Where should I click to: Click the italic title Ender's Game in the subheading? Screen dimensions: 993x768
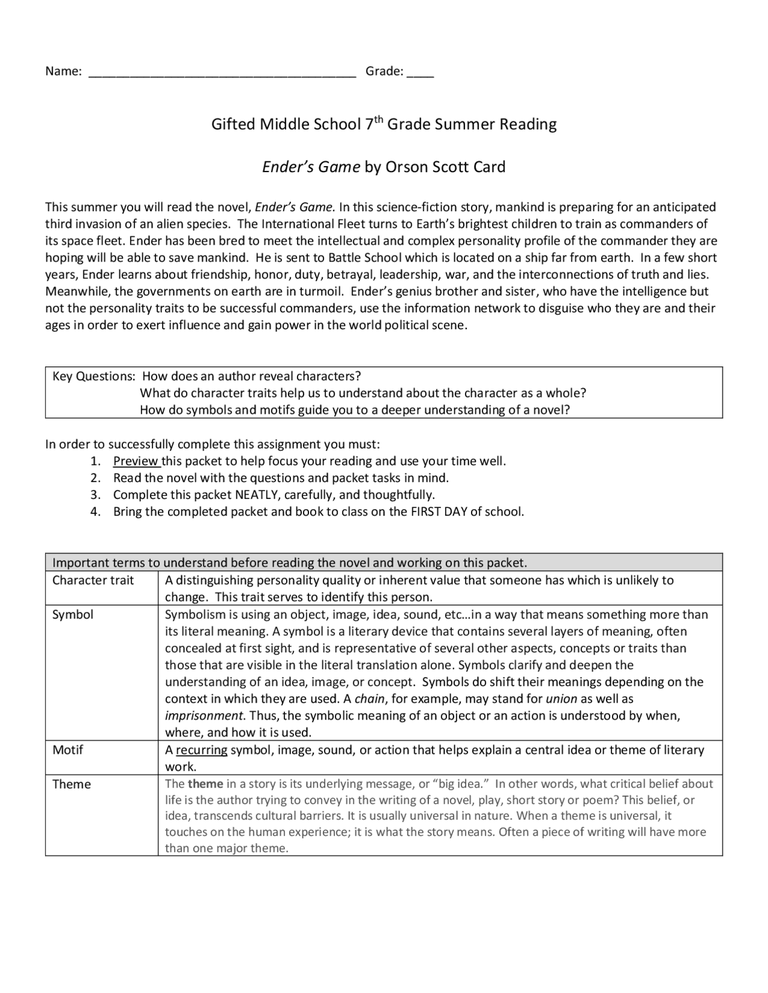click(311, 167)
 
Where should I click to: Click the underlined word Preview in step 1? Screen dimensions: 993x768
click(136, 461)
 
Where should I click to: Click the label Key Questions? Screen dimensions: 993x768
click(94, 376)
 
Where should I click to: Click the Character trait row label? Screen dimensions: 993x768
click(93, 580)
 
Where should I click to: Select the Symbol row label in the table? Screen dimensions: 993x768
click(73, 615)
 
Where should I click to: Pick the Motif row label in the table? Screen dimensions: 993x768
click(68, 750)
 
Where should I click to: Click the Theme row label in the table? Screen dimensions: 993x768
click(71, 784)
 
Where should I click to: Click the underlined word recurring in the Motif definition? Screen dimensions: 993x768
click(202, 750)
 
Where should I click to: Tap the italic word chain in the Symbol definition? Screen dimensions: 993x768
click(369, 699)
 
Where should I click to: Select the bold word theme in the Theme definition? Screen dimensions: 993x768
click(205, 784)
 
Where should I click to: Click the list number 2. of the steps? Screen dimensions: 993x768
click(95, 478)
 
